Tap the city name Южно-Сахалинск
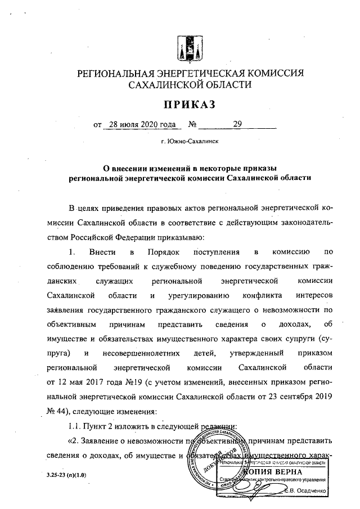[192, 142]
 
